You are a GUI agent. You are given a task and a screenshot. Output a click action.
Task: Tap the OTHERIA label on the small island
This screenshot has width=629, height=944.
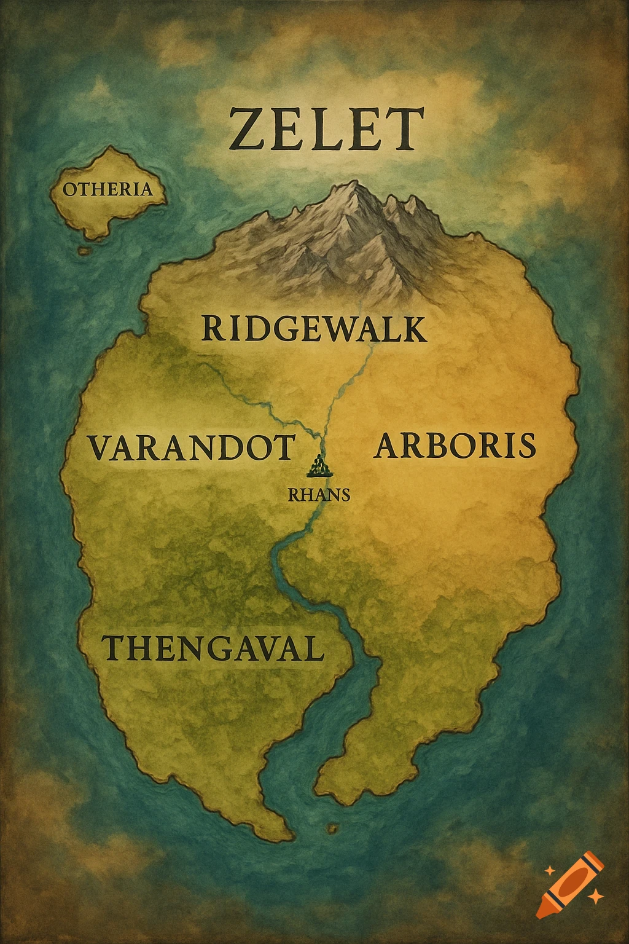point(107,189)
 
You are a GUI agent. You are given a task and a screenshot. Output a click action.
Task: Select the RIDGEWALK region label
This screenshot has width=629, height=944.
point(313,329)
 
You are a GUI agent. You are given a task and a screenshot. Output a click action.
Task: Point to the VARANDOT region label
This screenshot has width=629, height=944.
point(191,447)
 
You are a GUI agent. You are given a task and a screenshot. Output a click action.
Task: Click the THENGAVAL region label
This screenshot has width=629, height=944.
point(213,648)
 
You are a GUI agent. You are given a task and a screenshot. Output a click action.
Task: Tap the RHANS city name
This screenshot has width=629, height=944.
point(319,495)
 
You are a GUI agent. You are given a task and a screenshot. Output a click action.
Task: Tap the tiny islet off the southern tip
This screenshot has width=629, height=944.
point(334,828)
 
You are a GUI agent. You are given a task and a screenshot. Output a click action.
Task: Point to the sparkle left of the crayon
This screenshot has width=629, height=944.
point(549,870)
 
